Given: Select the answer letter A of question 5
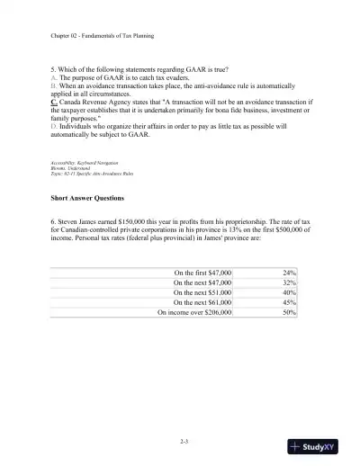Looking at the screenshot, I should (53, 78).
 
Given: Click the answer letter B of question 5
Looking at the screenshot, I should (53, 86).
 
